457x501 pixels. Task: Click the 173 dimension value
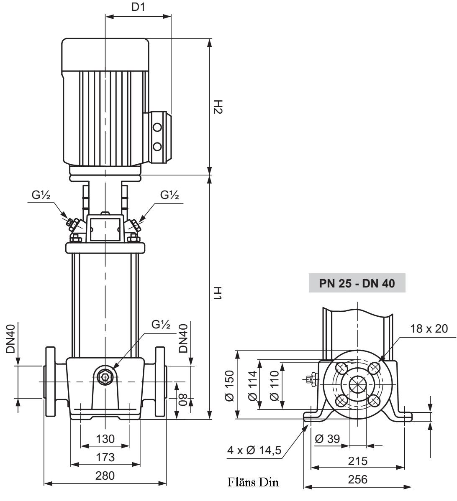click(x=105, y=458)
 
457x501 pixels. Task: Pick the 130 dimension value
click(x=105, y=439)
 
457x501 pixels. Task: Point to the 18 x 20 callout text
click(x=429, y=329)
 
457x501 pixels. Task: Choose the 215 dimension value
click(x=358, y=461)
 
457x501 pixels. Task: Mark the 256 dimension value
click(x=358, y=480)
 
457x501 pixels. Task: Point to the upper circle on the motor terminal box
click(x=157, y=127)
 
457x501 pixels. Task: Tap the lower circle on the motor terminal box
click(x=157, y=146)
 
